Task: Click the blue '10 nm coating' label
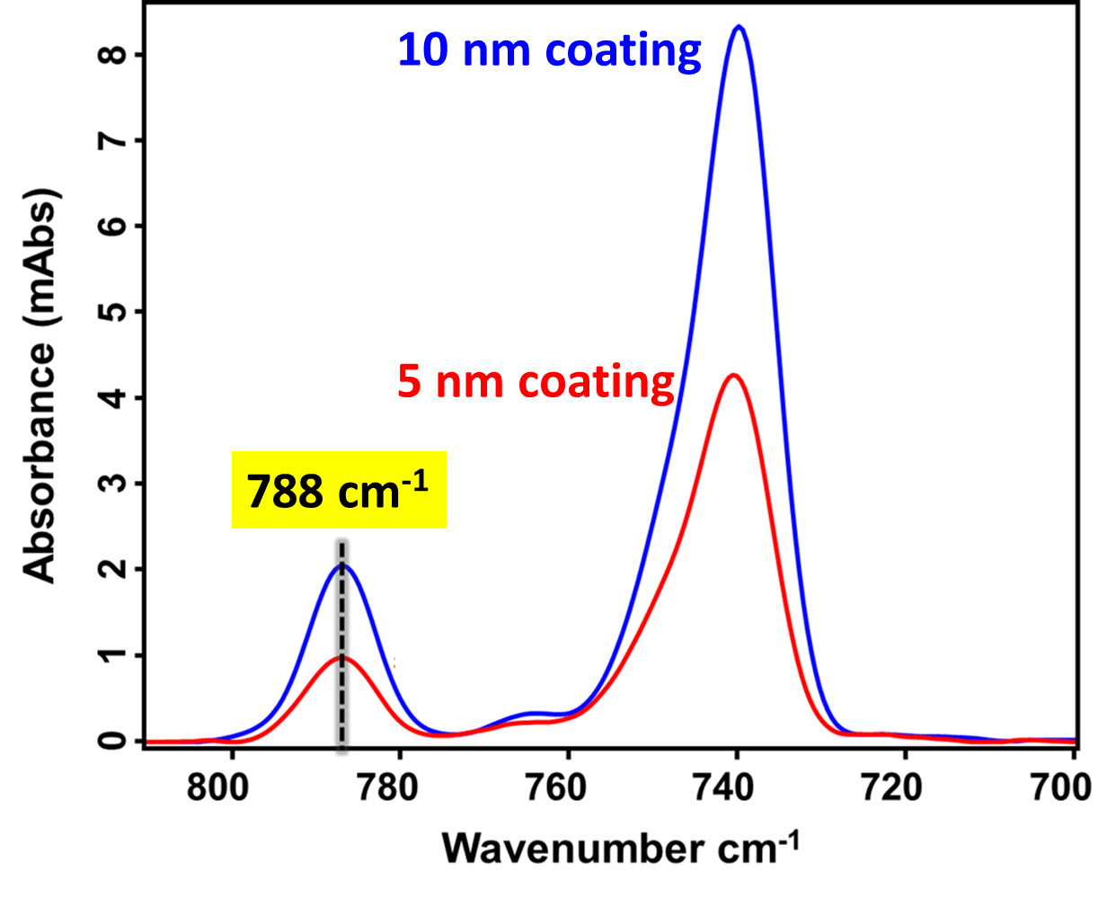[x=549, y=50]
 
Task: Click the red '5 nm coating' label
[x=536, y=382]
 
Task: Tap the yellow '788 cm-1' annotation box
[x=339, y=490]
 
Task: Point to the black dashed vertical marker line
[x=342, y=629]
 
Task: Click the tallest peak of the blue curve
[x=740, y=27]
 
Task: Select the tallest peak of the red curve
[x=733, y=375]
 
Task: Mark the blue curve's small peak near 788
[x=342, y=565]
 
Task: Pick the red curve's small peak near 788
[x=342, y=657]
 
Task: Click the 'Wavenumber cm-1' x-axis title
[x=620, y=848]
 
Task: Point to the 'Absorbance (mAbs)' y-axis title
[x=41, y=387]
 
